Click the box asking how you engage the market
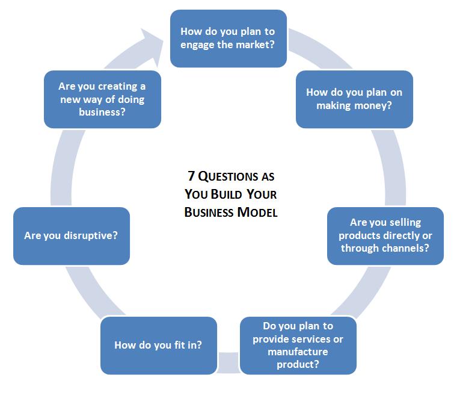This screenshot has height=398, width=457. click(x=228, y=37)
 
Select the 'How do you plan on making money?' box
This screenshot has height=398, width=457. click(x=354, y=99)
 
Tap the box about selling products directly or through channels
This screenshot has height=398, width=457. click(x=385, y=235)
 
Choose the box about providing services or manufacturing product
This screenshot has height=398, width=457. click(x=298, y=345)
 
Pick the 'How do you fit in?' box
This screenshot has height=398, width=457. click(x=158, y=345)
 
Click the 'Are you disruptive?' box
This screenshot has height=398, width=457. click(x=71, y=235)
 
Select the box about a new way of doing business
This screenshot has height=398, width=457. click(x=102, y=99)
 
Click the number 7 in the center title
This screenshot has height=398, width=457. click(x=190, y=177)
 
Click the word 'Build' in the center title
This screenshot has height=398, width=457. click(x=230, y=194)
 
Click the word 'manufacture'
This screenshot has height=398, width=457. click(x=298, y=351)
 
